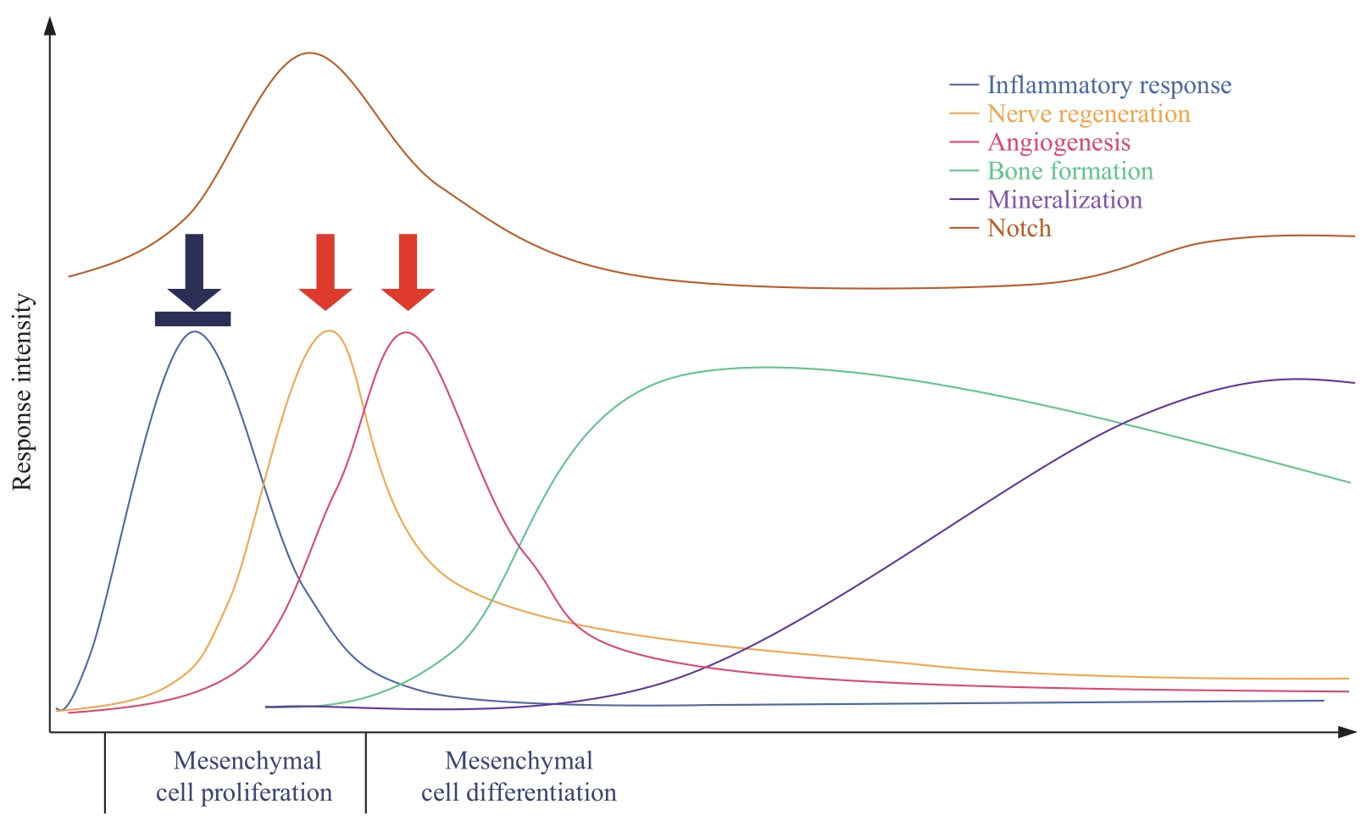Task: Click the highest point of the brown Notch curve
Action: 309,53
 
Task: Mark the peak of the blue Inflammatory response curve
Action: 195,332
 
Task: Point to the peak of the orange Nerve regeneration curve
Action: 330,331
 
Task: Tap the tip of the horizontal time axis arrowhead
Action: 1357,732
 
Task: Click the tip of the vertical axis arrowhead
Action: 50,17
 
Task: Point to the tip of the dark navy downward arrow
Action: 194,310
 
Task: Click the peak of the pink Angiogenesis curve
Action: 405,332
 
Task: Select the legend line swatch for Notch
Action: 964,229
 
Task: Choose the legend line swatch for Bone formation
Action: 964,171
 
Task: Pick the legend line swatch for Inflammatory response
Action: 964,85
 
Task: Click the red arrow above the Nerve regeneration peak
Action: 325,272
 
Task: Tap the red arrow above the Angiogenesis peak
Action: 408,272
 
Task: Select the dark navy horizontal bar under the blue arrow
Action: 193,319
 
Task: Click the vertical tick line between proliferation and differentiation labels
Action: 365,773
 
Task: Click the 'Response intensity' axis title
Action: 22,391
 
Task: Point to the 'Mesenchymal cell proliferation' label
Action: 244,776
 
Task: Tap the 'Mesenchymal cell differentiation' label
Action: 519,776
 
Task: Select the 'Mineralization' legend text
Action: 1064,200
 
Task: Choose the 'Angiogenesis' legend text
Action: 1059,143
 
